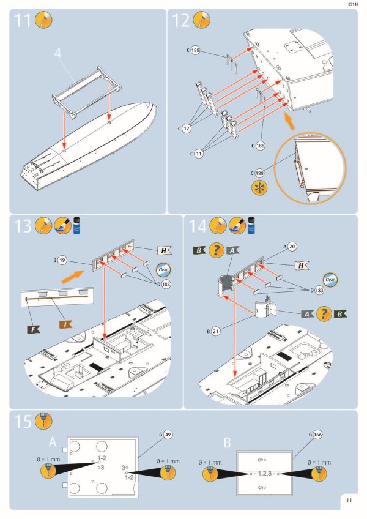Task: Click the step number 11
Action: [x=23, y=21]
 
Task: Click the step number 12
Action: [x=181, y=21]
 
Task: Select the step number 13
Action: [x=23, y=226]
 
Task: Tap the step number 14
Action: [x=198, y=226]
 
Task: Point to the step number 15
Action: [x=23, y=422]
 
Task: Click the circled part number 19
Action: [x=62, y=261]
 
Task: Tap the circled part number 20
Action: [x=292, y=246]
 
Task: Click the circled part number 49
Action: [x=167, y=435]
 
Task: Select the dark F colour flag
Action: [x=32, y=330]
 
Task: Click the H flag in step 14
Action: [x=302, y=265]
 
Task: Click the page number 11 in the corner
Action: [x=348, y=500]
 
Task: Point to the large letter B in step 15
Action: [x=227, y=442]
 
